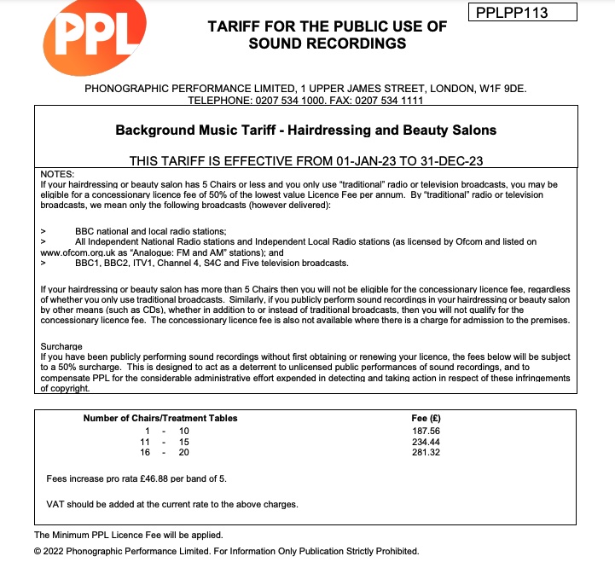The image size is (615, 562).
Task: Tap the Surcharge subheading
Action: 61,346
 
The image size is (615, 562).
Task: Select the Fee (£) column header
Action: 426,418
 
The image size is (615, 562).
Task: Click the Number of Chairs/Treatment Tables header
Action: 160,418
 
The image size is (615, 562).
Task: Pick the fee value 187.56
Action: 426,431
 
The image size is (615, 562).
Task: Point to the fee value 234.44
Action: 426,442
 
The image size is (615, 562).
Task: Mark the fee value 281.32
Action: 426,453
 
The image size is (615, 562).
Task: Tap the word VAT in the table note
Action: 55,504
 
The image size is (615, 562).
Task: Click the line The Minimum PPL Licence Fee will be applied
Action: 128,535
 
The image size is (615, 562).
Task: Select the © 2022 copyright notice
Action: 226,551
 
